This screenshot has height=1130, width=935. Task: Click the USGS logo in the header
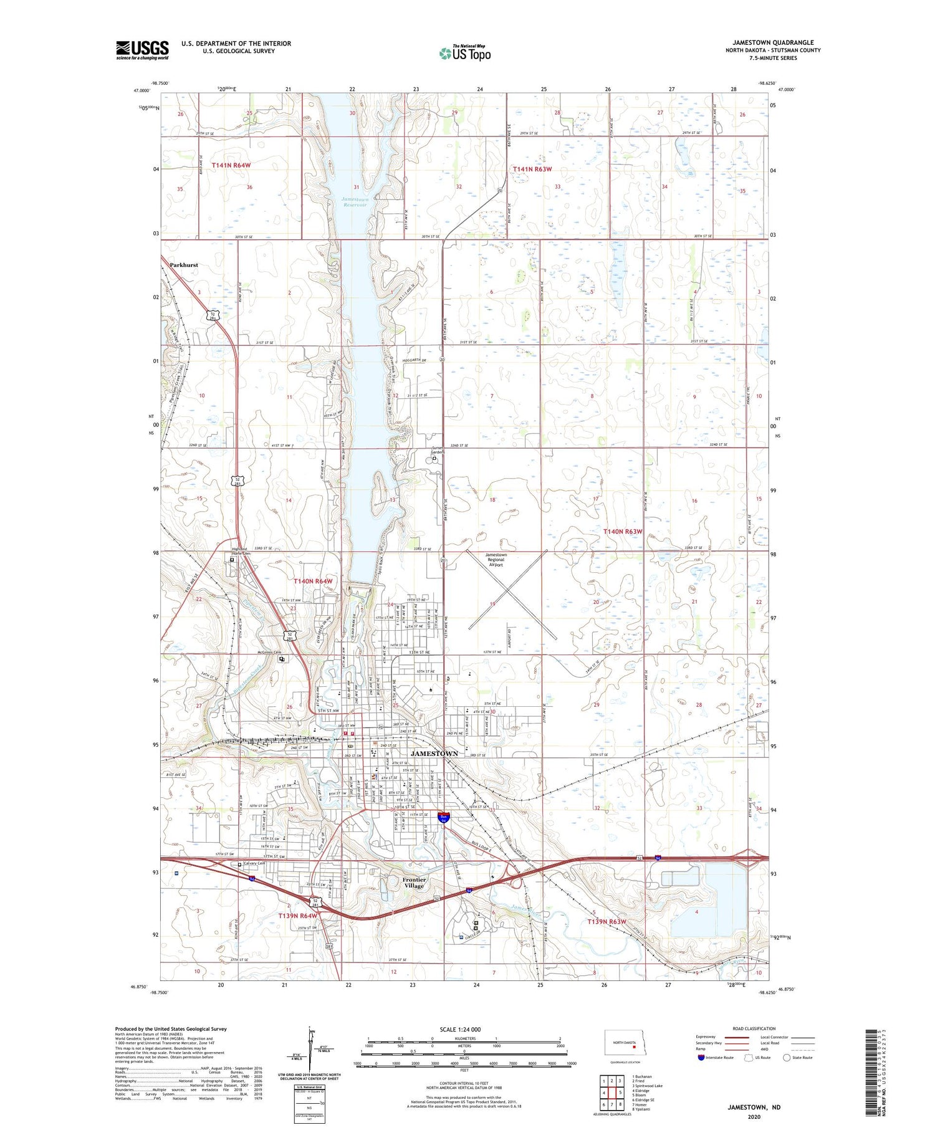point(142,50)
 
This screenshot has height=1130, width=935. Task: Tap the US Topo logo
point(464,54)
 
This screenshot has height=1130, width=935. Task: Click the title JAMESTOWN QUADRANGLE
point(773,42)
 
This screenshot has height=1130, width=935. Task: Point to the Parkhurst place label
point(184,265)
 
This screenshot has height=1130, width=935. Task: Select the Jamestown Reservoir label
point(355,202)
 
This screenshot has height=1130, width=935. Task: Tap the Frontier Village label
point(414,883)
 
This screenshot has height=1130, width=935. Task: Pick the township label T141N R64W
point(231,165)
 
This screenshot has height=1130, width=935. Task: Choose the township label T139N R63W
point(607,921)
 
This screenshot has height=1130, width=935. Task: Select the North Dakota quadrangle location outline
point(625,1043)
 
